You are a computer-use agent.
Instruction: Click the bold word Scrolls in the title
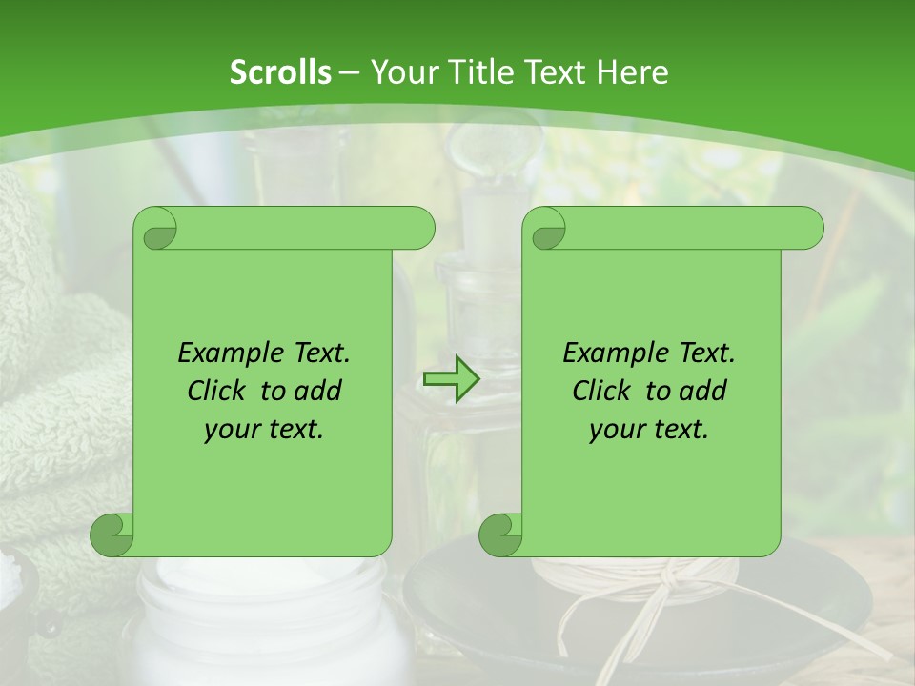(x=280, y=72)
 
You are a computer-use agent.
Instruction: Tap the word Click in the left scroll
(x=219, y=391)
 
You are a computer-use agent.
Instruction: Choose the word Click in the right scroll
(x=604, y=391)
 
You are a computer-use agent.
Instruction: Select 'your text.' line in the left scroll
(x=264, y=430)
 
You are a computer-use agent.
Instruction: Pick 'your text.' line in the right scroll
(x=649, y=430)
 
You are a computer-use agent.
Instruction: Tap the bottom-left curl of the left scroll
(x=112, y=535)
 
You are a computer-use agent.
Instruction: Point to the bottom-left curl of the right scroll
(x=500, y=535)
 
